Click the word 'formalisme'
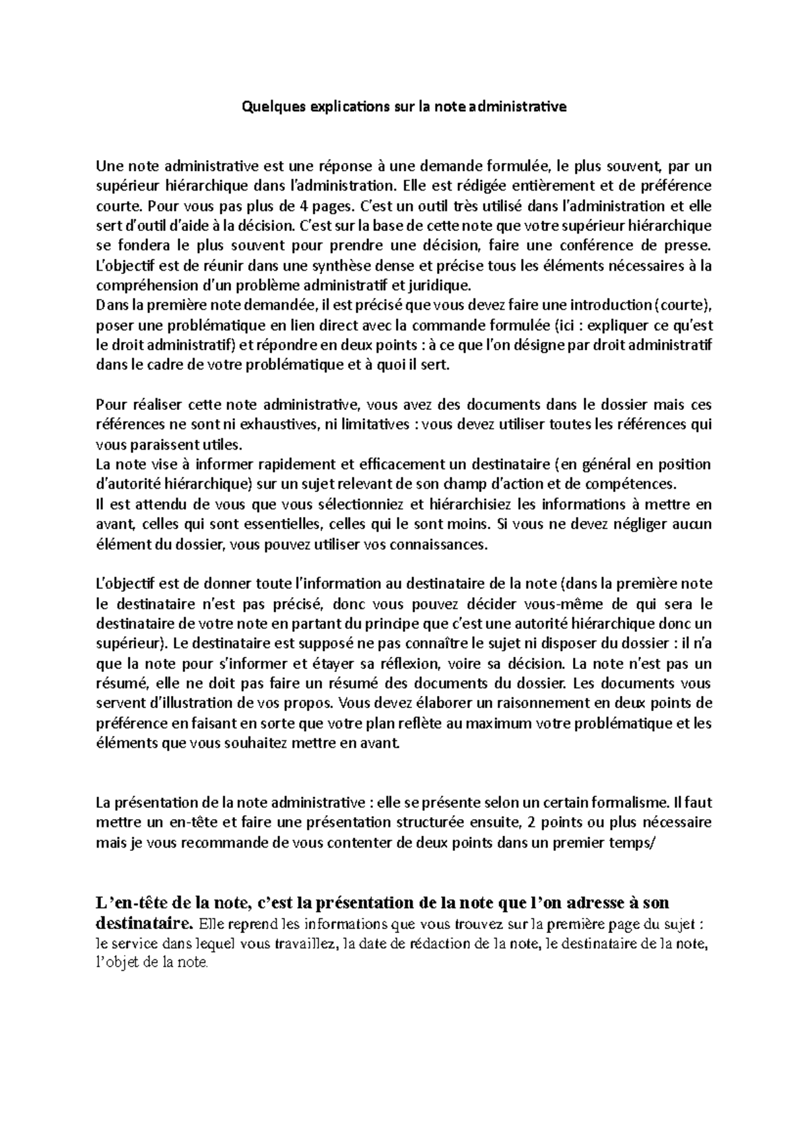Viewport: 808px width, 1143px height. (628, 803)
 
